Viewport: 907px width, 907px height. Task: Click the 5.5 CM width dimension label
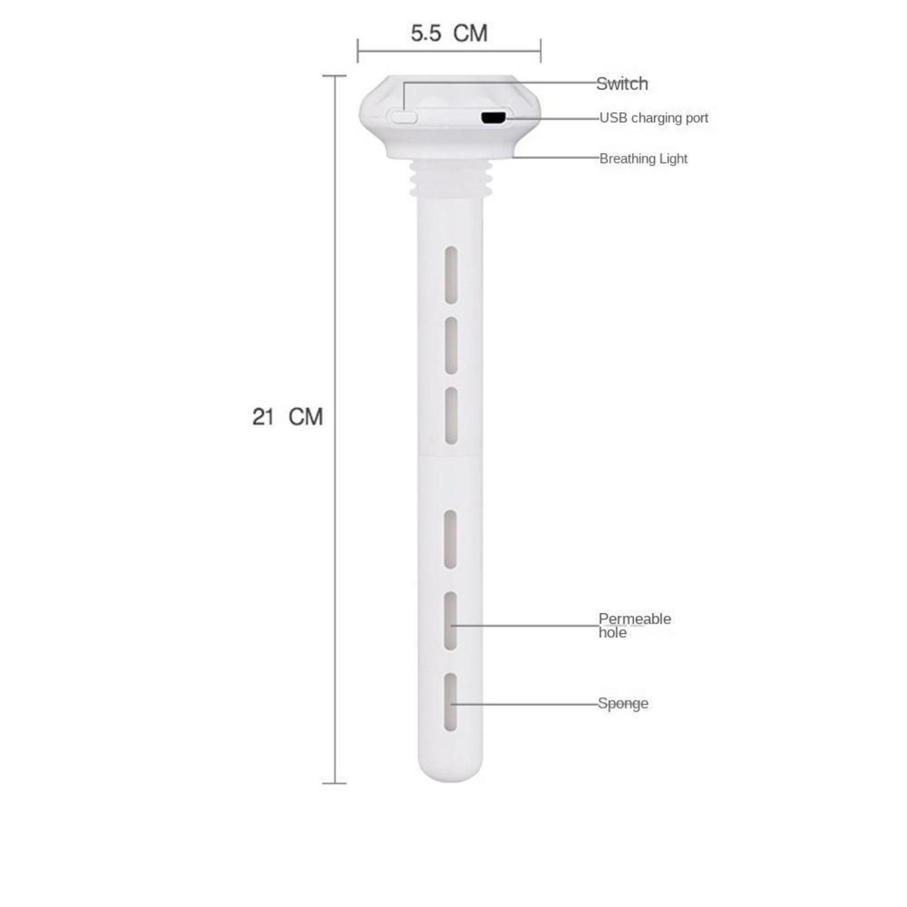449,33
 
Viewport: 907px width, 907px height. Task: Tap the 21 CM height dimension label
287,417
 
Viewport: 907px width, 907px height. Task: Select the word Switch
622,84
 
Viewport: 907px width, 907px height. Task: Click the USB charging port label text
654,118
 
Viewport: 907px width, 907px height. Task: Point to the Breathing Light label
643,159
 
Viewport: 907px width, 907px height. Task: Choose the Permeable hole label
634,625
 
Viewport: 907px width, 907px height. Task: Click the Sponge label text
623,703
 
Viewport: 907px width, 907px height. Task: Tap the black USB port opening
493,118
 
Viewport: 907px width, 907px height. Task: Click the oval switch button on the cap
403,117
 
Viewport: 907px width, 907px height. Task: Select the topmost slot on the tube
451,275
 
